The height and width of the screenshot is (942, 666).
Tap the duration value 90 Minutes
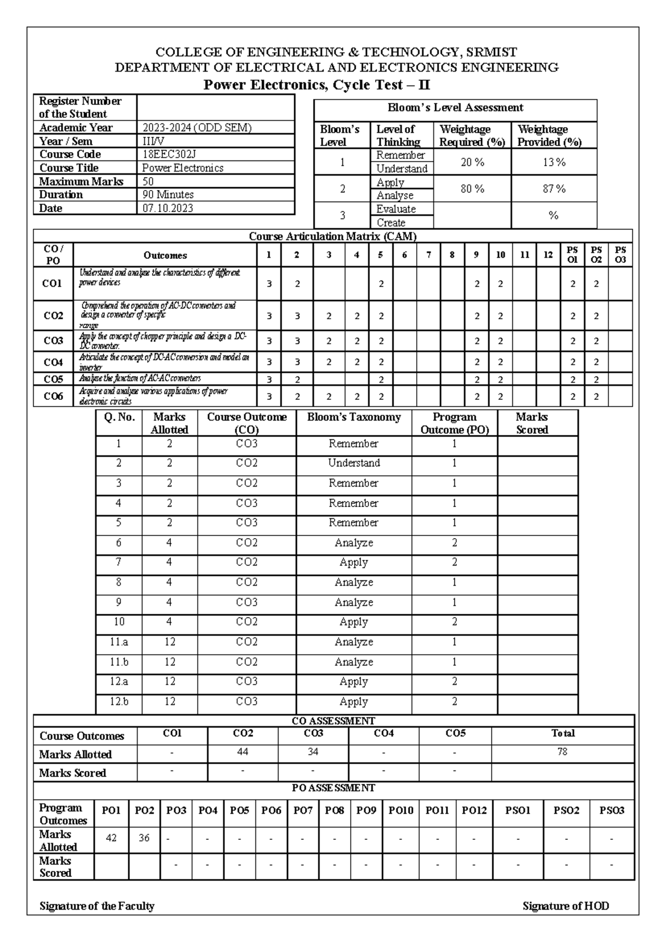point(168,195)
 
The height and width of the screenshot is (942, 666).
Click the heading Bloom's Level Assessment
point(455,108)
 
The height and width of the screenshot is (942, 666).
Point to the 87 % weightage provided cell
point(554,189)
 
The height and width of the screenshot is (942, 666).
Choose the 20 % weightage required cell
point(472,162)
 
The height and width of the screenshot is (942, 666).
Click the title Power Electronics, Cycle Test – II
point(316,86)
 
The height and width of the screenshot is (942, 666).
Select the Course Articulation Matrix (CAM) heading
point(332,236)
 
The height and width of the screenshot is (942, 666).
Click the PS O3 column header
point(620,255)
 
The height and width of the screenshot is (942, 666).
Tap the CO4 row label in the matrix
point(53,362)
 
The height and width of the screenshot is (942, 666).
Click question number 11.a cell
point(119,642)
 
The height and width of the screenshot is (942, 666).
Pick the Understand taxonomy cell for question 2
point(354,463)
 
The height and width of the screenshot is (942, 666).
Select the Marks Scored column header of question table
point(532,423)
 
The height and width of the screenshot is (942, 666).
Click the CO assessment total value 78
point(562,751)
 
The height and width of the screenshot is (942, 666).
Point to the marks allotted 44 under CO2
point(243,751)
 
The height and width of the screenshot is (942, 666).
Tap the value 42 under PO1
point(111,838)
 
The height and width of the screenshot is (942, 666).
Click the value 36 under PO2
point(144,838)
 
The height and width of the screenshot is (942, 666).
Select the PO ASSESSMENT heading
point(334,788)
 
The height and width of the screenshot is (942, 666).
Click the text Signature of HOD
point(566,906)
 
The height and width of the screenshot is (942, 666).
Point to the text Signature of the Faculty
point(97,906)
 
